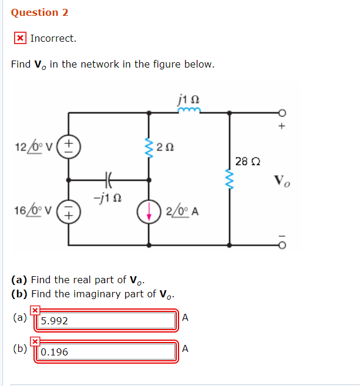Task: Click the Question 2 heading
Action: (x=35, y=12)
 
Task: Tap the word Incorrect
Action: (x=53, y=38)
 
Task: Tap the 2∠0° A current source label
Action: (x=183, y=212)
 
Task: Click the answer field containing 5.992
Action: (x=106, y=321)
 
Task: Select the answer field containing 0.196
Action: (x=106, y=352)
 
